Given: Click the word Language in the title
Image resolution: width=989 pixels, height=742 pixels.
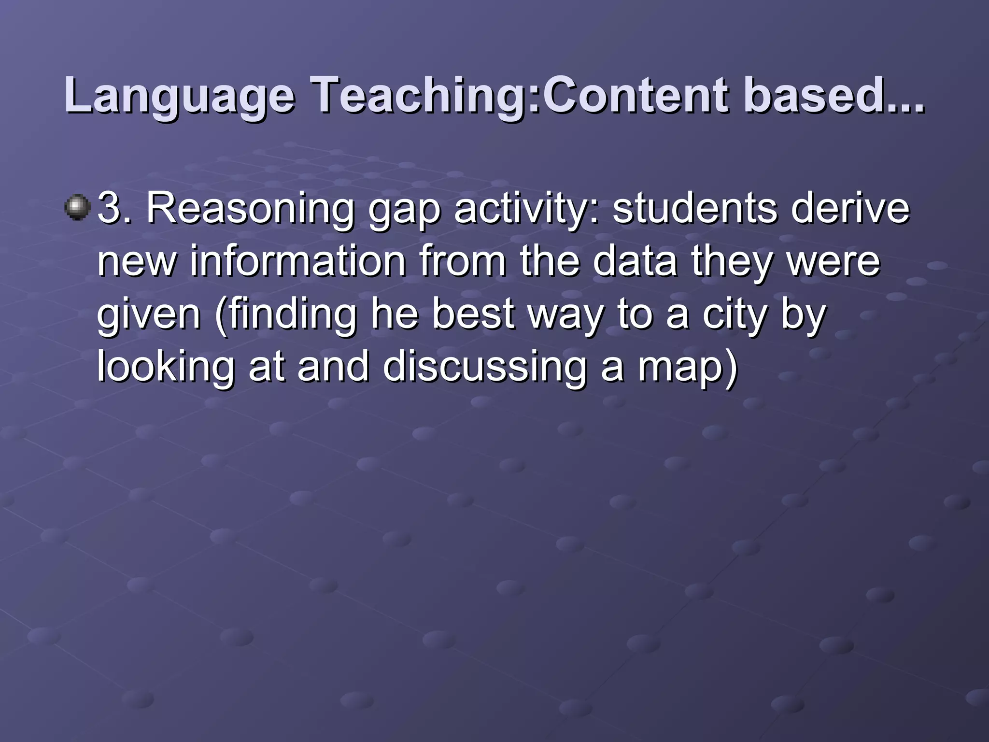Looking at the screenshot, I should click(x=179, y=96).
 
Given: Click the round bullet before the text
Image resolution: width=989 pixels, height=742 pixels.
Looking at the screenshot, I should click(x=77, y=208).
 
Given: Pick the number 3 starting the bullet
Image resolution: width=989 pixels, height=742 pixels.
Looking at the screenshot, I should click(x=109, y=209).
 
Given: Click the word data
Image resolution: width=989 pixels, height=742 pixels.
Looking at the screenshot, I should click(x=635, y=261).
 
